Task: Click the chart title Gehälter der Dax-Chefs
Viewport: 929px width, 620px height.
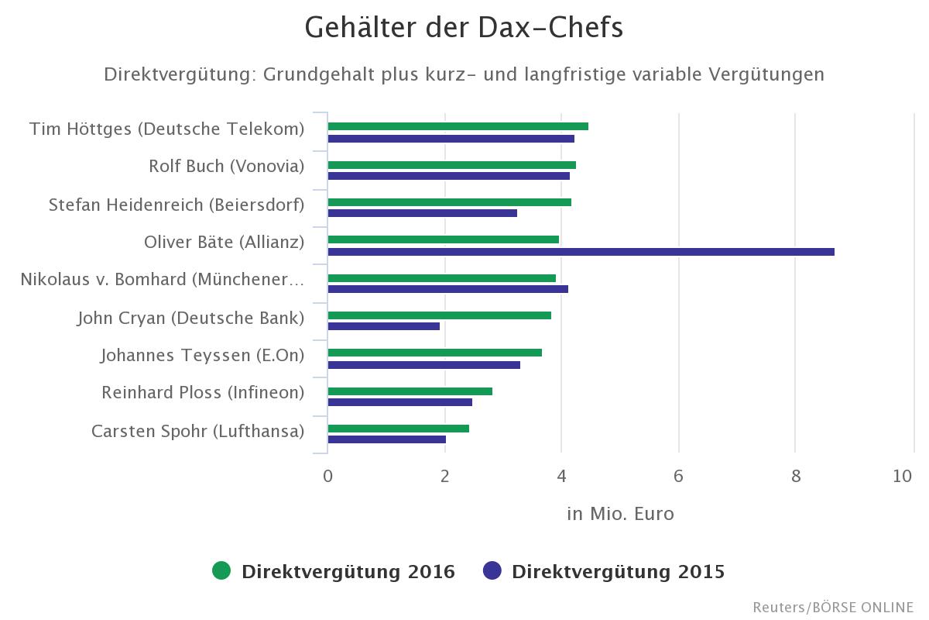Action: pyautogui.click(x=464, y=28)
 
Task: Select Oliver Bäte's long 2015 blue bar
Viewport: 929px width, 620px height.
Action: pyautogui.click(x=581, y=251)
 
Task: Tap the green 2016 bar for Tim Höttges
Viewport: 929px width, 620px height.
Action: pyautogui.click(x=458, y=126)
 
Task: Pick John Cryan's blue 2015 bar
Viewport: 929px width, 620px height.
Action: pyautogui.click(x=383, y=326)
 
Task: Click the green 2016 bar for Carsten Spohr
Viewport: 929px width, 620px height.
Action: pyautogui.click(x=398, y=429)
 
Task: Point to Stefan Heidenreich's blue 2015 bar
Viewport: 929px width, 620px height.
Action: pyautogui.click(x=422, y=213)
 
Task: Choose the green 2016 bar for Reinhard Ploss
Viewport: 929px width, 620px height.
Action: pyautogui.click(x=410, y=391)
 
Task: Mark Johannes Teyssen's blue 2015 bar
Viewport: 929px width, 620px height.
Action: pyautogui.click(x=423, y=364)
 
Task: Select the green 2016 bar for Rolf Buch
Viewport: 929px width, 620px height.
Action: pyautogui.click(x=451, y=164)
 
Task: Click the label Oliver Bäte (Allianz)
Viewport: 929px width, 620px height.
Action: pyautogui.click(x=224, y=242)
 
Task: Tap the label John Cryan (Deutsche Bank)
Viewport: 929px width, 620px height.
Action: pyautogui.click(x=190, y=318)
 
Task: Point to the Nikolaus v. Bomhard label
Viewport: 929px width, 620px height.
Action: pyautogui.click(x=162, y=279)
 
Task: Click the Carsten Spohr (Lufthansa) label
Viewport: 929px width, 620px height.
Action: pyautogui.click(x=197, y=431)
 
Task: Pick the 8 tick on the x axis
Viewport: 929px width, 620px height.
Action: pyautogui.click(x=795, y=476)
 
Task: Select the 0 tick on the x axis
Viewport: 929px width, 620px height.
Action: pyautogui.click(x=328, y=476)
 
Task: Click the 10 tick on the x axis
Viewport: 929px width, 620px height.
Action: pyautogui.click(x=902, y=476)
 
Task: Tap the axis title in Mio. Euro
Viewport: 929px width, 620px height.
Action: pyautogui.click(x=620, y=514)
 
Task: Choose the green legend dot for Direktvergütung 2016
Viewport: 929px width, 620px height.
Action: pyautogui.click(x=221, y=571)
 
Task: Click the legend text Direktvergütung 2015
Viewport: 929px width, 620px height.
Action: pyautogui.click(x=618, y=572)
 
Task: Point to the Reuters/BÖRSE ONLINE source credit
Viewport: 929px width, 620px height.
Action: pyautogui.click(x=832, y=607)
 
